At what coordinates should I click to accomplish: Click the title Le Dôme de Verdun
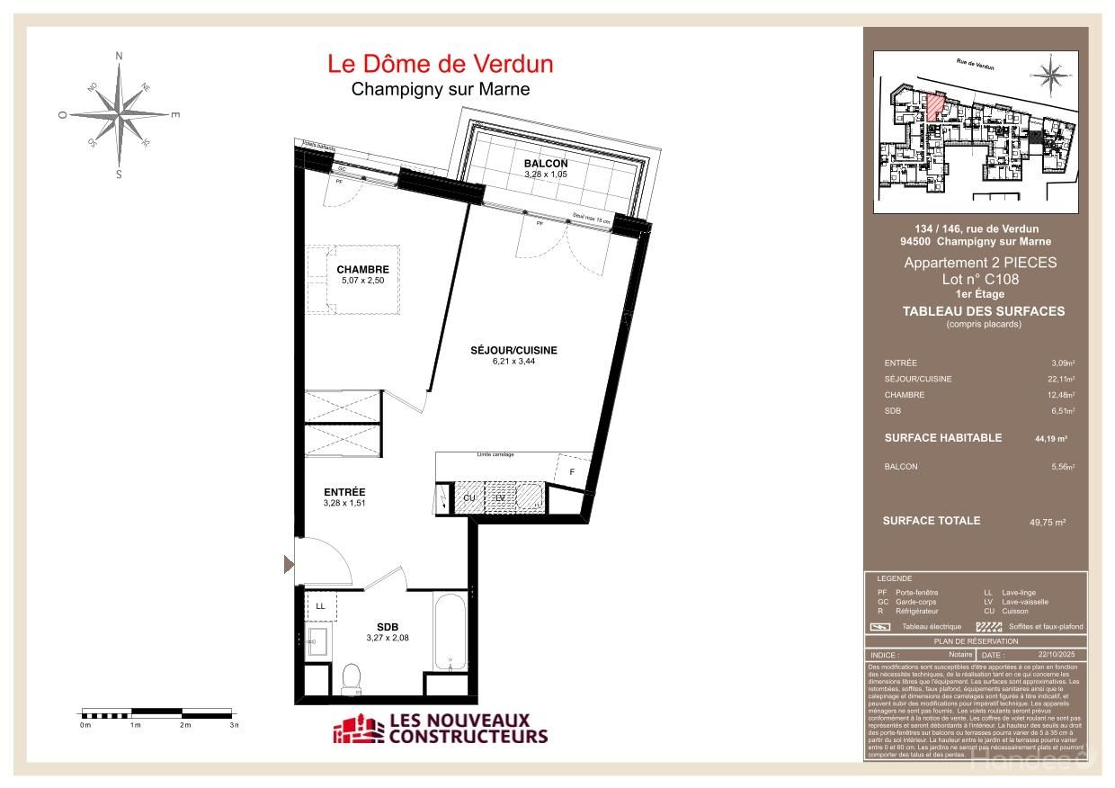[x=440, y=64]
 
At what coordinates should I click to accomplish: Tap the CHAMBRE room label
[x=362, y=269]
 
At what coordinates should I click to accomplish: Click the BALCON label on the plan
[x=546, y=163]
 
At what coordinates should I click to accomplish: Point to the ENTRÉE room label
[x=344, y=492]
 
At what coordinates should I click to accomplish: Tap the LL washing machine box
[x=320, y=606]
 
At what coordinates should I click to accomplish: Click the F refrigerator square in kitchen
[x=571, y=470]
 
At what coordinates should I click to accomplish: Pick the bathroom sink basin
[x=317, y=642]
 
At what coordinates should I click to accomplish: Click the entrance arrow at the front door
[x=289, y=565]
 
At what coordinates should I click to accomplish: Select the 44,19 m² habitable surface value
[x=1050, y=439]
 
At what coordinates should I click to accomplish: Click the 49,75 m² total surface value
[x=1047, y=522]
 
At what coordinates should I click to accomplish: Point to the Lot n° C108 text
[x=980, y=279]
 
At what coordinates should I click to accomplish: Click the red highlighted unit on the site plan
[x=935, y=106]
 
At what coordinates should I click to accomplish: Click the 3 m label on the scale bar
[x=234, y=725]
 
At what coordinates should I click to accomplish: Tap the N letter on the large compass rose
[x=119, y=56]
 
